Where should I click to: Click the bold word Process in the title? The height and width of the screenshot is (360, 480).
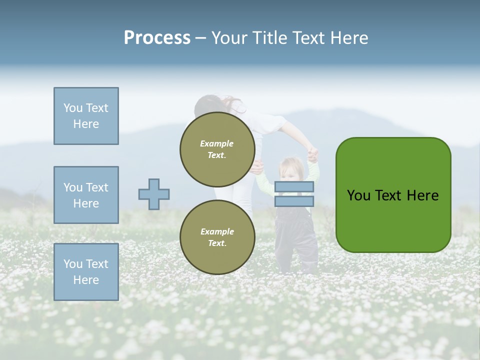[157, 38]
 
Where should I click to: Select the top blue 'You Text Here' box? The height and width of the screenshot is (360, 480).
[86, 116]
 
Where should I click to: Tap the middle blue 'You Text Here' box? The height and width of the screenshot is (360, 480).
[86, 195]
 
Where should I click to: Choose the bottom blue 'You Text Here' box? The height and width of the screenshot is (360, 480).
[86, 272]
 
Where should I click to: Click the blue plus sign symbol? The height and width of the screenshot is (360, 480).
[154, 194]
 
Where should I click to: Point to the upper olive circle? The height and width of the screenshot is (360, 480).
[217, 149]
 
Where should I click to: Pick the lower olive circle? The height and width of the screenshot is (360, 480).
[217, 237]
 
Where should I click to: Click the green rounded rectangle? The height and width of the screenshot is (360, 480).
[393, 195]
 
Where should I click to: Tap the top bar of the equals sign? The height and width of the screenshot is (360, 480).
[294, 186]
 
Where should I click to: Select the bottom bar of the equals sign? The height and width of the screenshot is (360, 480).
[294, 201]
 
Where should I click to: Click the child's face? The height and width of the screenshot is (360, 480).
[288, 170]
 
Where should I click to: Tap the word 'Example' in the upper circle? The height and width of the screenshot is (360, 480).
[217, 143]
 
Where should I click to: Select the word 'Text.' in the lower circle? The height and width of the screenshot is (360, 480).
[217, 243]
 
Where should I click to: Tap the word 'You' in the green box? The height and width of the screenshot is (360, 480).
[358, 195]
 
